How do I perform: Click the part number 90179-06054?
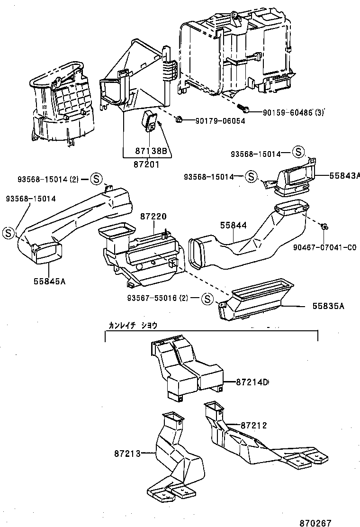[220, 121]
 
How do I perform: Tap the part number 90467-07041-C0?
[324, 247]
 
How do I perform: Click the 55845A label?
[49, 281]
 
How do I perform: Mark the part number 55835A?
[328, 306]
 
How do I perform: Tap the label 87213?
[127, 454]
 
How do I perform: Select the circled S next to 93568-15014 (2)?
[95, 179]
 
